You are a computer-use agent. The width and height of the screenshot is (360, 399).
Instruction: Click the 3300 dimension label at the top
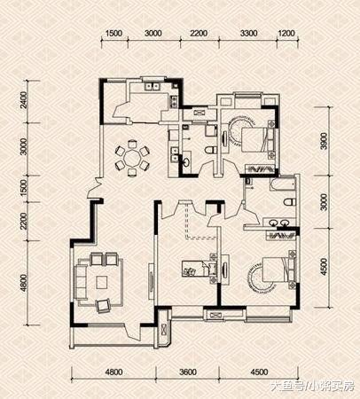coord(248,33)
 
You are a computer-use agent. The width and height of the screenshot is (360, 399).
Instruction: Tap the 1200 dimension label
coord(286,33)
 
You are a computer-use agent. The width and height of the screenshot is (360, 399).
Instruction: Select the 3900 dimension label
coord(325,141)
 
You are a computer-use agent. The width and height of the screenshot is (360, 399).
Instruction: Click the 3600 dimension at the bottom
coord(188,372)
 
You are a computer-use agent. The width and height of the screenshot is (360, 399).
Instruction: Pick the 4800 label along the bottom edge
coord(113,372)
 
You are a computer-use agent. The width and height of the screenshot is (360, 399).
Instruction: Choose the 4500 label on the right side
coord(325,267)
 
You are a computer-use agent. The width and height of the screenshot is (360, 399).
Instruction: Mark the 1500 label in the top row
coord(113,33)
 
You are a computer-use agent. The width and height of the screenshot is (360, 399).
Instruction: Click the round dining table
coord(132,159)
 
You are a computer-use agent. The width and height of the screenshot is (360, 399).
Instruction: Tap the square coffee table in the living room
coord(102,282)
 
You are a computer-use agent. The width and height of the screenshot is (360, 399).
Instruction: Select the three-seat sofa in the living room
coord(81,281)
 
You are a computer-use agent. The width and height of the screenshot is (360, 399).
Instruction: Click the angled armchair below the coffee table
coord(103,305)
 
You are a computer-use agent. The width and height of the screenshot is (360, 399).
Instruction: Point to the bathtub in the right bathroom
coord(283,184)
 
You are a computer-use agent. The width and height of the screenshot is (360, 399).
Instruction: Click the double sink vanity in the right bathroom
coord(279,223)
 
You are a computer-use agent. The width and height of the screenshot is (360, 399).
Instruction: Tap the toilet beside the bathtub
coord(289,202)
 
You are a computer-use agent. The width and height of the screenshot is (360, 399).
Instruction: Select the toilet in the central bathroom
coord(210,150)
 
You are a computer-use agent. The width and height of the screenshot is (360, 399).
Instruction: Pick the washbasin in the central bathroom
coord(186,160)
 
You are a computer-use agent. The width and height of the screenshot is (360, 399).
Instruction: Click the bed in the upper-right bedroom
coord(255,139)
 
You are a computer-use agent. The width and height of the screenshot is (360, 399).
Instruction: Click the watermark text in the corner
coord(312,386)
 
